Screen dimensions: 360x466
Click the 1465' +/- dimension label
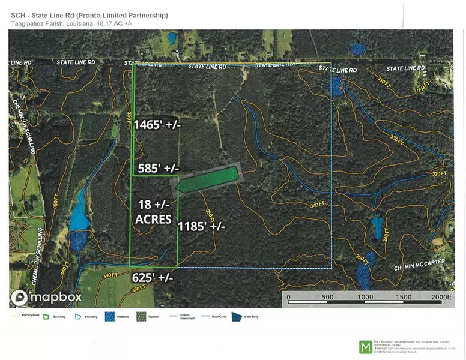[x=157, y=125]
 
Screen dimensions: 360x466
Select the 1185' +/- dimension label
[x=201, y=227]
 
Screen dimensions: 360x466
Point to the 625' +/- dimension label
[x=153, y=278]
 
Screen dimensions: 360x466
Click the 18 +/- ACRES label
[x=153, y=211]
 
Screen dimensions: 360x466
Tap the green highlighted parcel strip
[x=208, y=178]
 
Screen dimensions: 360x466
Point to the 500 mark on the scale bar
[x=328, y=298]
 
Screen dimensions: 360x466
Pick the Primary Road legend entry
[x=23, y=315]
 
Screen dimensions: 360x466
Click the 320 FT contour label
[x=440, y=174]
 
